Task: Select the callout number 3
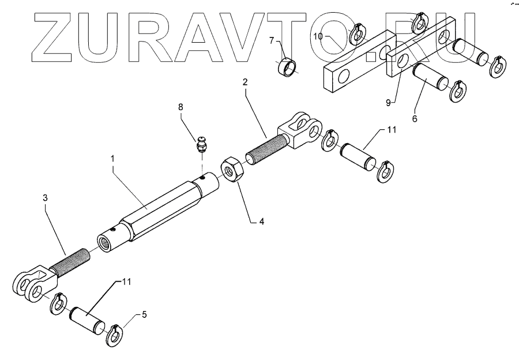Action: click(46, 197)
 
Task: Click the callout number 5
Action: click(144, 314)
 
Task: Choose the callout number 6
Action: click(414, 118)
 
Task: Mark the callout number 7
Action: click(272, 41)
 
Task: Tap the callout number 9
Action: click(388, 102)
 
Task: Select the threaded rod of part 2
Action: click(263, 147)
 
